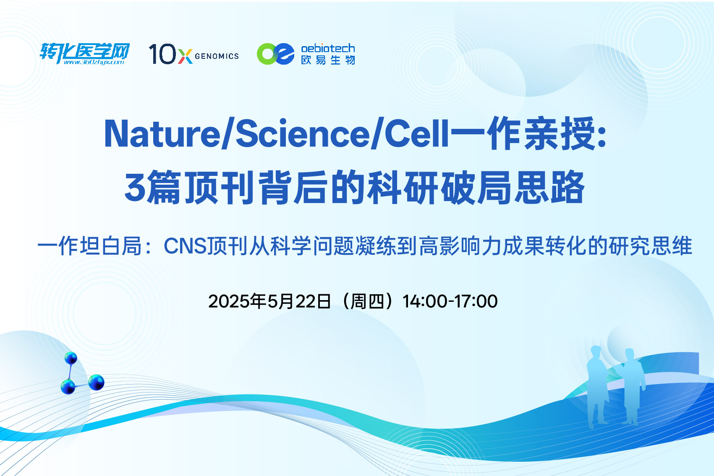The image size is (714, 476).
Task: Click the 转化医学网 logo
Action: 84,53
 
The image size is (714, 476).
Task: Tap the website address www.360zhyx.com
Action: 94,62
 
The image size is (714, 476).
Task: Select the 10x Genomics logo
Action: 194,54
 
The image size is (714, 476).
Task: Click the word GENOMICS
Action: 217,56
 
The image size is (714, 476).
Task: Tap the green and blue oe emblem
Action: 276,54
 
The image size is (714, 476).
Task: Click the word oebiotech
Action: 328,48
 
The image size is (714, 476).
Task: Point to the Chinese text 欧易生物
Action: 328,60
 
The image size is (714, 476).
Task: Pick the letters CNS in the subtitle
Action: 185,246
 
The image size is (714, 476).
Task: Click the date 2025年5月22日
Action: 269,301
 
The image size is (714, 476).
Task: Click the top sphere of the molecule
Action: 71,358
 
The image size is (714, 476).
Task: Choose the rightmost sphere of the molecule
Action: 96,382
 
